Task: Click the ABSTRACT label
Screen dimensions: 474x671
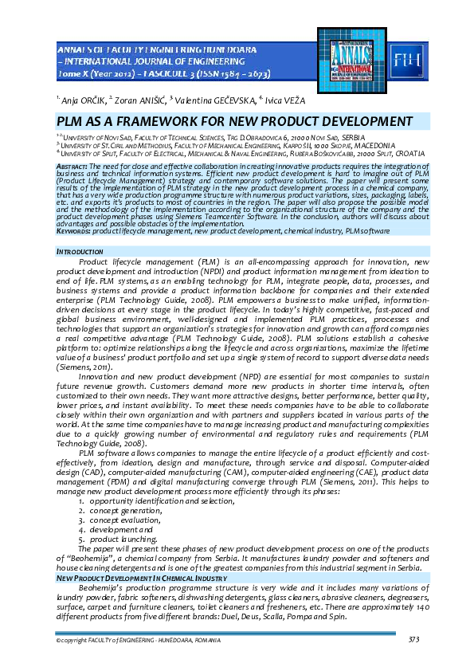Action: [x=72, y=165]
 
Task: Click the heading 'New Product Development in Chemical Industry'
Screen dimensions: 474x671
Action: [x=136, y=577]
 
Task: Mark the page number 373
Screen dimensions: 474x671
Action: [x=413, y=640]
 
